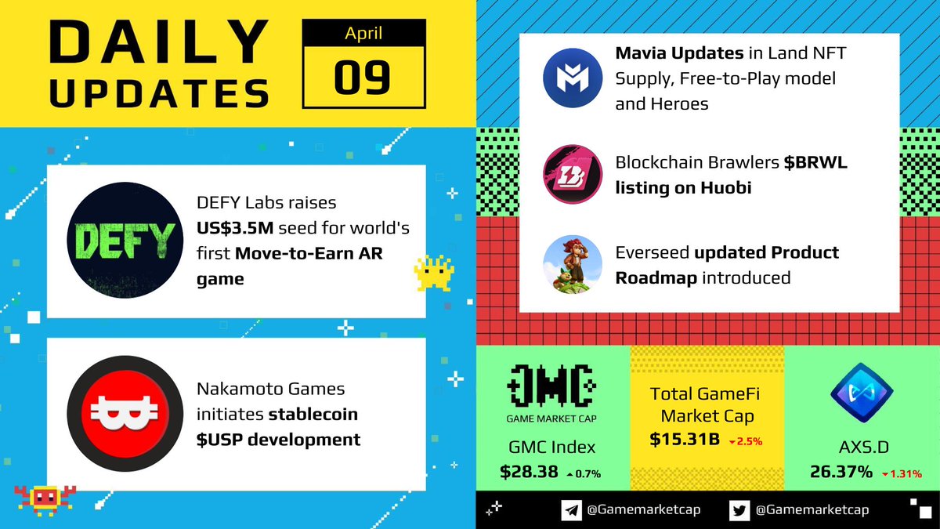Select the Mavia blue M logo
[x=573, y=77]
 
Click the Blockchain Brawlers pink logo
[x=573, y=174]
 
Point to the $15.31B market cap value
[x=685, y=440]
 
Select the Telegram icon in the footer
[x=572, y=510]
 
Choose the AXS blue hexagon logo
[x=862, y=390]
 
